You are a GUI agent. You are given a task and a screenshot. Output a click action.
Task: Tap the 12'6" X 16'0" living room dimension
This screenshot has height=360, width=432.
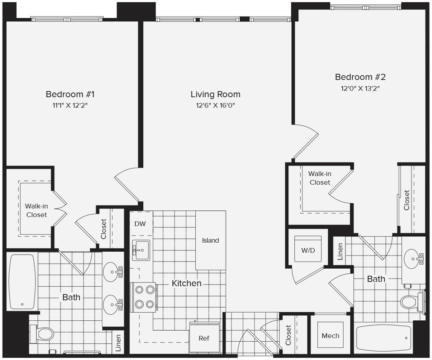coord(215,105)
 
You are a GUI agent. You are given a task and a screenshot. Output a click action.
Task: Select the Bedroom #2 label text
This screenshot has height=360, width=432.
coord(360,77)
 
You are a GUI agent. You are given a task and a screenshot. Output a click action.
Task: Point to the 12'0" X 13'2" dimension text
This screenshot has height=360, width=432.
coord(360,88)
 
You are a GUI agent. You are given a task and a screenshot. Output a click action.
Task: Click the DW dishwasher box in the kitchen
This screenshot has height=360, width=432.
coord(140,224)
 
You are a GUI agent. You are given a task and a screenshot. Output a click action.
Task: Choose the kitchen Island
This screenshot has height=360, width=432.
coord(210,240)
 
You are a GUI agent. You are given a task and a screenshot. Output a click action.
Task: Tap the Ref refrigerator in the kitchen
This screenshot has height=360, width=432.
coord(204,338)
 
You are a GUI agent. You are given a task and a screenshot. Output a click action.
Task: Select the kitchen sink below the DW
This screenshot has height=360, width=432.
coord(141,250)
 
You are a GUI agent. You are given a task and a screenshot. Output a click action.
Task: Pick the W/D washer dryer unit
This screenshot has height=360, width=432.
coord(308,250)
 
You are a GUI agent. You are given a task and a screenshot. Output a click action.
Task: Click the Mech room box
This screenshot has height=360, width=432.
coord(330,335)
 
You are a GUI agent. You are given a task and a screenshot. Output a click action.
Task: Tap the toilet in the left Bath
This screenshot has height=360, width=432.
coord(43,334)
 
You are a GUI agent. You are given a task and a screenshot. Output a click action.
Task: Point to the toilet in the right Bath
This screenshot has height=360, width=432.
coord(409,302)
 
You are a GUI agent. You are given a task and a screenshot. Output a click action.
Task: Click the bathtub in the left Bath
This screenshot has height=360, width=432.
coord(22,282)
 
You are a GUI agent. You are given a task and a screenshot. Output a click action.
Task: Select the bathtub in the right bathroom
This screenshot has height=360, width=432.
coord(383,339)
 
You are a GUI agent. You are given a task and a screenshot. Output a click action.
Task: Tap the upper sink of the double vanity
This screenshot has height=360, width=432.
coord(112,270)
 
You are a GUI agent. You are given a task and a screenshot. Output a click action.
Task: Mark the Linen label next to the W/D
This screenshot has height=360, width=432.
coord(340,252)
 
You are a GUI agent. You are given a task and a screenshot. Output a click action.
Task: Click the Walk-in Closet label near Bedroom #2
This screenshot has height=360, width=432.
coord(319,178)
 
